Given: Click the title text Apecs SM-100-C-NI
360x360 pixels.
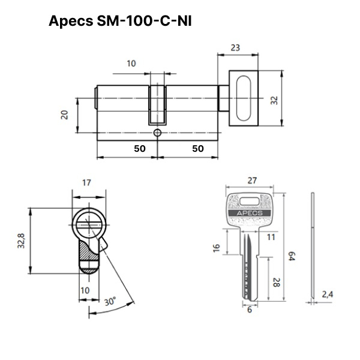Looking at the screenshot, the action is [x=120, y=21].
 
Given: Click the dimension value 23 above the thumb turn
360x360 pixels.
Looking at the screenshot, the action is [x=235, y=48].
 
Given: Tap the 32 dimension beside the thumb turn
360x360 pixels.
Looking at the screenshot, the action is [x=274, y=100].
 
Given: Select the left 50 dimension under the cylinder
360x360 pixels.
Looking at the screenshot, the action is [x=140, y=149].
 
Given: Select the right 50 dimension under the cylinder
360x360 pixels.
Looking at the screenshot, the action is [x=197, y=149].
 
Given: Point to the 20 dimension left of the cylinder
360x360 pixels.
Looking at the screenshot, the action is [x=65, y=115].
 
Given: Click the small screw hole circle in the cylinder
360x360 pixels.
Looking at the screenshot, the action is [x=157, y=133].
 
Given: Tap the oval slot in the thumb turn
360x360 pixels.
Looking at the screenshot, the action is [x=244, y=98].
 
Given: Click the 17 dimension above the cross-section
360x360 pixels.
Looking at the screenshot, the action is [x=86, y=183].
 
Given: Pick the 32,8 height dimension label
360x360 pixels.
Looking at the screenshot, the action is [x=21, y=241].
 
